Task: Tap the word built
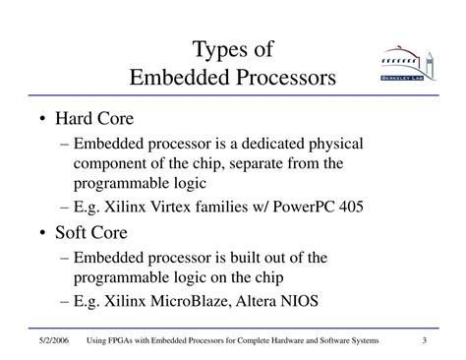(262, 258)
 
